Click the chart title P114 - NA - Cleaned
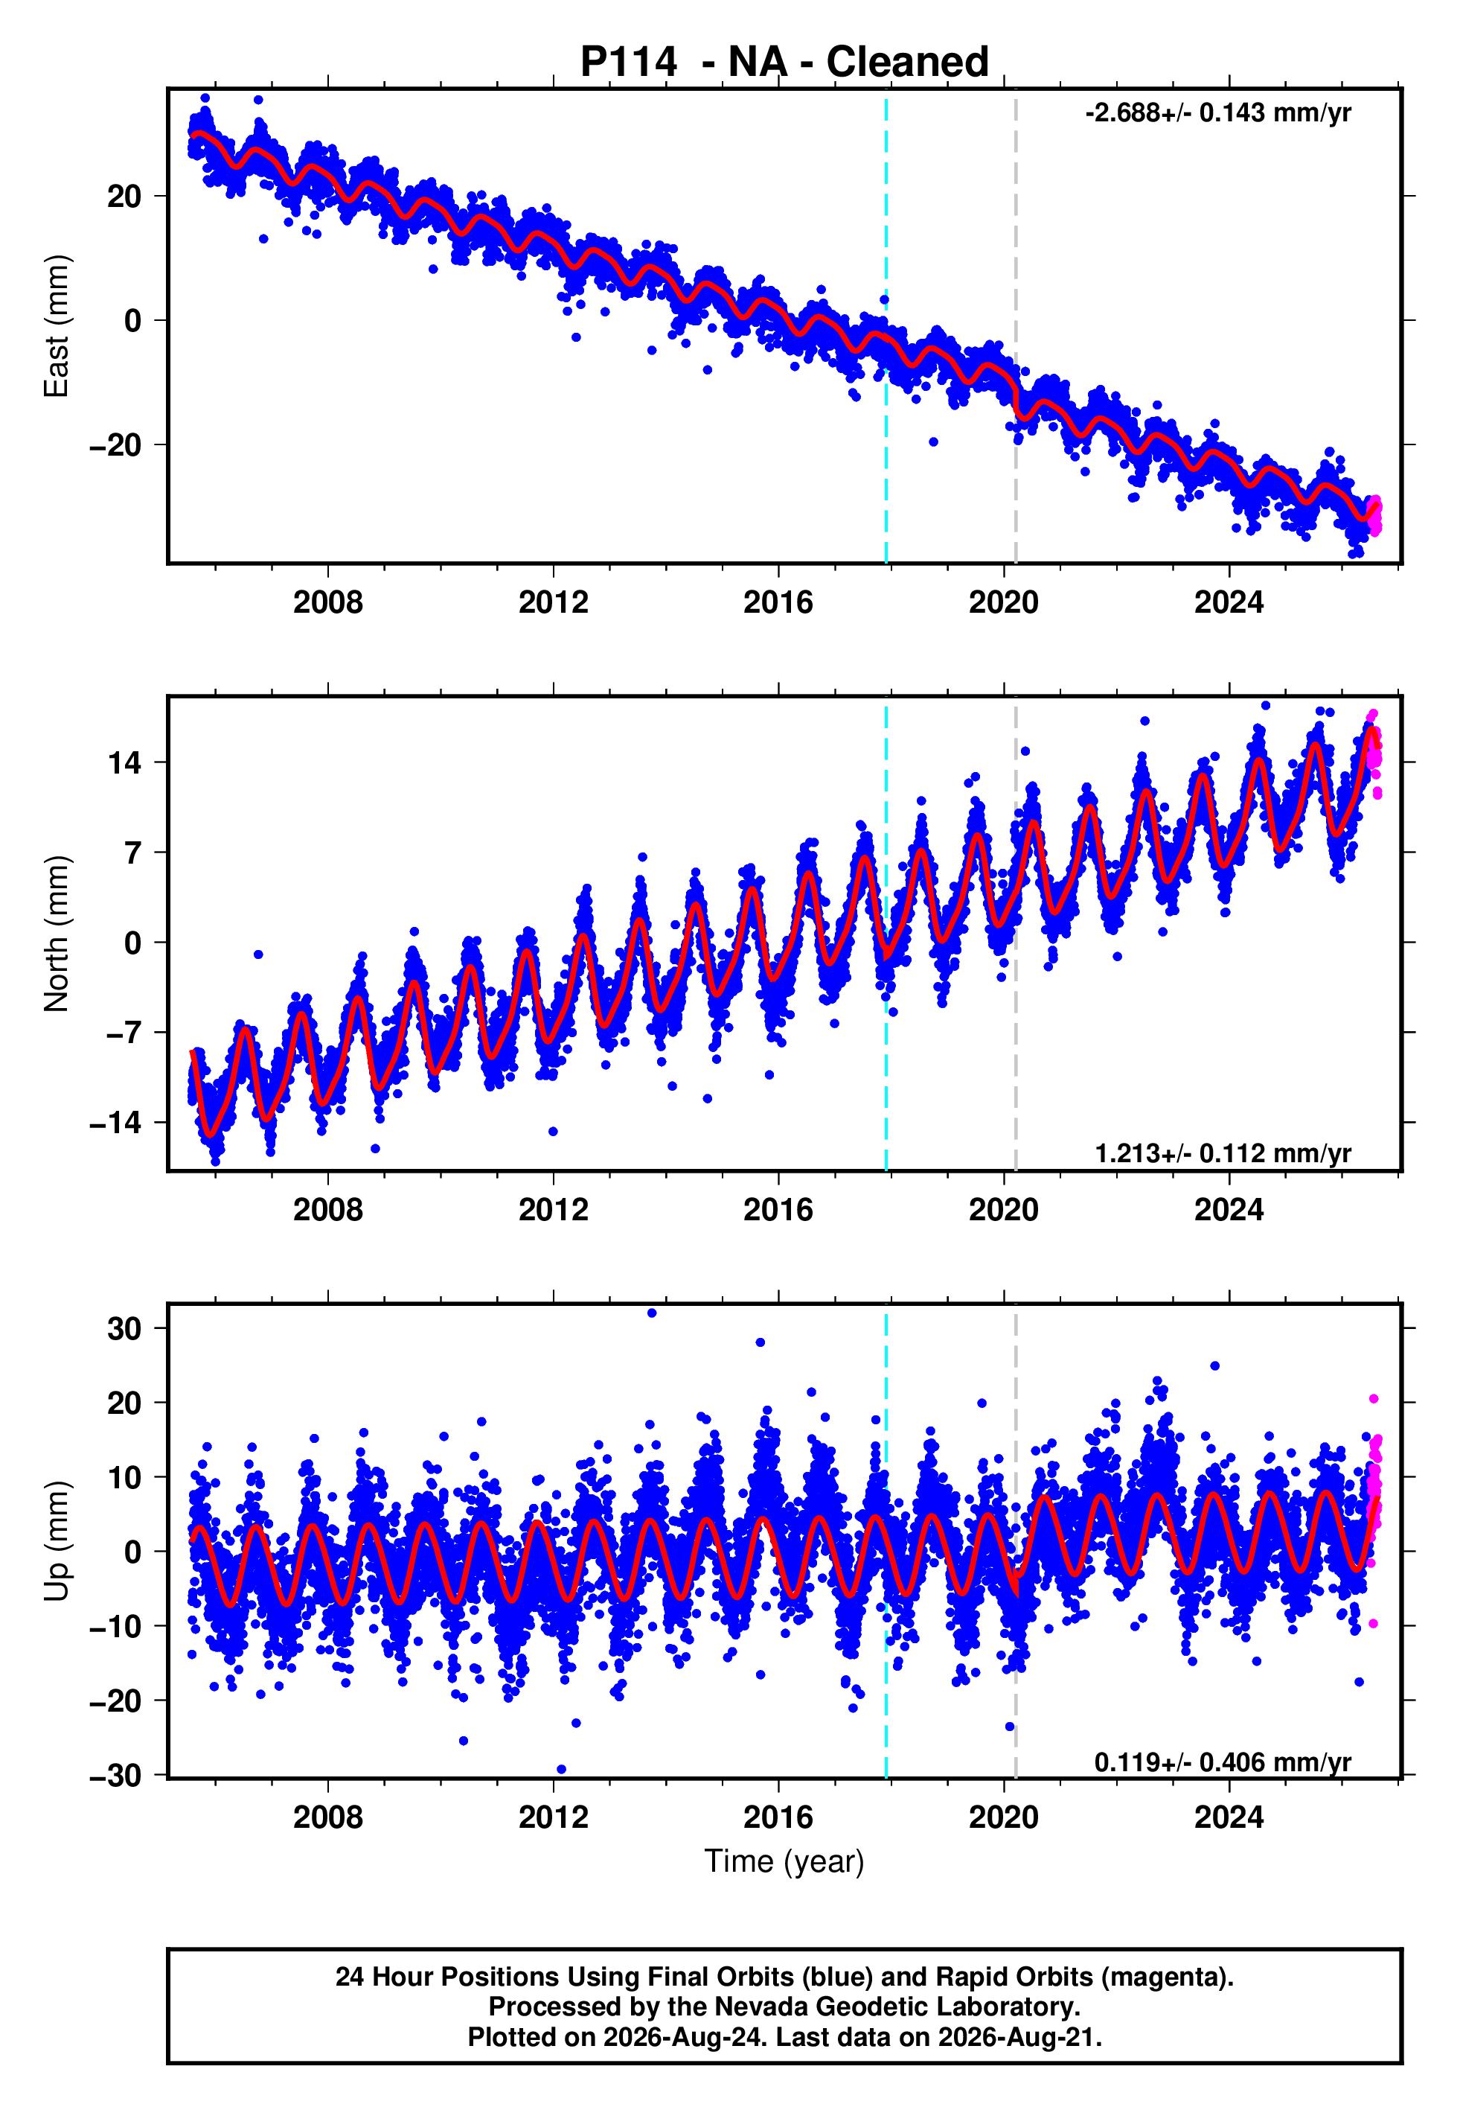pyautogui.click(x=784, y=63)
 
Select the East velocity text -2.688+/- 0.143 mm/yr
pyautogui.click(x=1217, y=112)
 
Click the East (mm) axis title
pyautogui.click(x=57, y=326)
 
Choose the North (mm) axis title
pyautogui.click(x=57, y=934)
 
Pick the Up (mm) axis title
pyautogui.click(x=57, y=1541)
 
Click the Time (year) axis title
pyautogui.click(x=784, y=1861)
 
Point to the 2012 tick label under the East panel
pyautogui.click(x=553, y=602)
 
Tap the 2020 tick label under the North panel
pyautogui.click(x=1004, y=1210)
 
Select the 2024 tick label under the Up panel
pyautogui.click(x=1229, y=1817)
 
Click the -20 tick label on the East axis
pyautogui.click(x=115, y=444)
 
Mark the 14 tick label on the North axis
pyautogui.click(x=124, y=762)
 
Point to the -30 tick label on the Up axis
pyautogui.click(x=115, y=1775)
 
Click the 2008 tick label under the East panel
pyautogui.click(x=327, y=602)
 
